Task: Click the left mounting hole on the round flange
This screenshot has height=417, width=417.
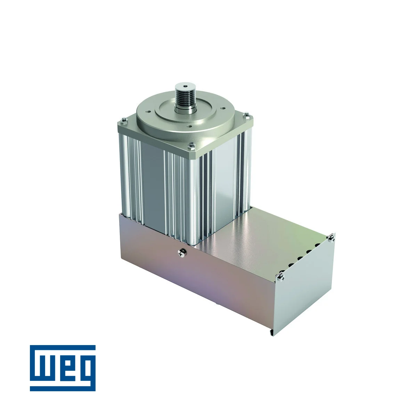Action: point(148,112)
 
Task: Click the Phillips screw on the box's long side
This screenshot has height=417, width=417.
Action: point(181,253)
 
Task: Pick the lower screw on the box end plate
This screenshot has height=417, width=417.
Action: point(280,277)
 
